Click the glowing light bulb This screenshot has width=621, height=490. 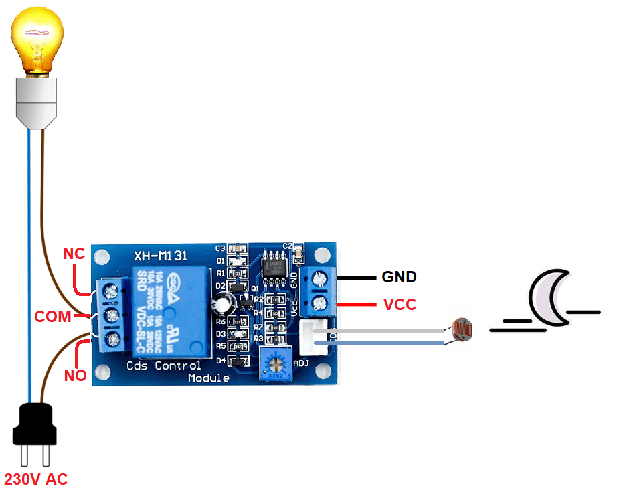(39, 42)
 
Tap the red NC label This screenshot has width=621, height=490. (74, 254)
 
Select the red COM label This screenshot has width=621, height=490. (53, 317)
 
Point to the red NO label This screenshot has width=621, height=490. (75, 376)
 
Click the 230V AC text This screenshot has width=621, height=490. (36, 479)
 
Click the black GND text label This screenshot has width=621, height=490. (399, 277)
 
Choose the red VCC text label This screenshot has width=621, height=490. (400, 305)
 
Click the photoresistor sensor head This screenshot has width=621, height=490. (462, 329)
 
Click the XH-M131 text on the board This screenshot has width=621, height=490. (161, 256)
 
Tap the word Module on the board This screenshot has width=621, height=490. (208, 378)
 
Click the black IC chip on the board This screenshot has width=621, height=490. (274, 266)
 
